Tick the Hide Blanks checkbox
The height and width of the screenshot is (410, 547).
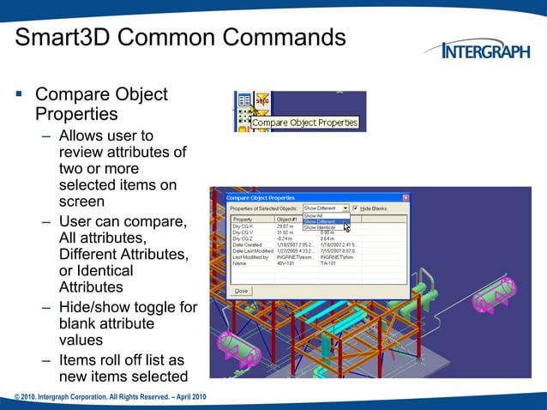[356, 208]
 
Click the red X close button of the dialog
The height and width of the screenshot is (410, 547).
[406, 197]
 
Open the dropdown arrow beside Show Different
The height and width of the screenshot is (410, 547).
[345, 208]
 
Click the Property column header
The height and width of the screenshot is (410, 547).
[243, 220]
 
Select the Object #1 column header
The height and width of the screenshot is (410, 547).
[288, 220]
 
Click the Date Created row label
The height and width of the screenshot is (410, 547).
[249, 244]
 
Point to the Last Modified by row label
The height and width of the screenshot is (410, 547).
[251, 256]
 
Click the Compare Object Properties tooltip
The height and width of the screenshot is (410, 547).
[304, 124]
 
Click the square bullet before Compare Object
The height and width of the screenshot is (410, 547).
[20, 94]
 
